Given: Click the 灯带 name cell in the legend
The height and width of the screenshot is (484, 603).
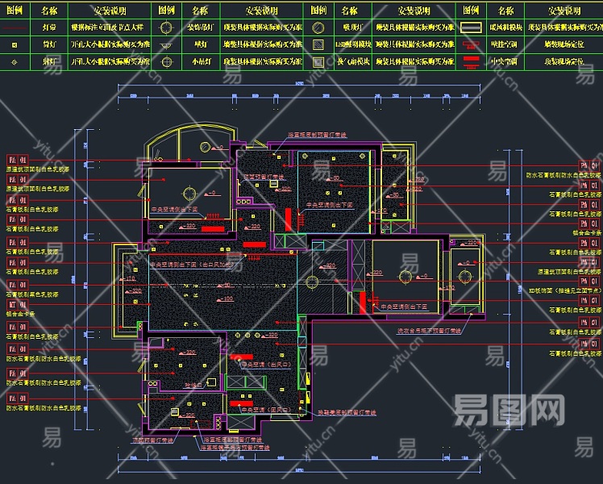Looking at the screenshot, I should [x=49, y=27].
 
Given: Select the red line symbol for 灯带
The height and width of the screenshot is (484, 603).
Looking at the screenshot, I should [x=15, y=27].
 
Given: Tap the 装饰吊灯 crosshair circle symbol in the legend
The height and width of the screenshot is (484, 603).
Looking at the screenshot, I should [x=166, y=27].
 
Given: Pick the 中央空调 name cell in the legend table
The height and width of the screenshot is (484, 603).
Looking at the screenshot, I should [x=505, y=60].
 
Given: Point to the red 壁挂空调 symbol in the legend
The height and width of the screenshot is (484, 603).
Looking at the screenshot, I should [x=470, y=44].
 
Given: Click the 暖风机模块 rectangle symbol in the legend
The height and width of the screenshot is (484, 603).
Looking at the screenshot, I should [x=470, y=27].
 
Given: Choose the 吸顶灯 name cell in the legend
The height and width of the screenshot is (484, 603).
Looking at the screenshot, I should [x=349, y=27].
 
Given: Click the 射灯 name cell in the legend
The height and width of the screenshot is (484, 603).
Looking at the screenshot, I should [x=49, y=60].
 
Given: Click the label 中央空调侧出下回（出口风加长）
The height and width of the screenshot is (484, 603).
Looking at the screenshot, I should [x=193, y=265].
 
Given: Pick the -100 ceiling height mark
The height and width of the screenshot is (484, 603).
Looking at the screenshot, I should [x=227, y=299].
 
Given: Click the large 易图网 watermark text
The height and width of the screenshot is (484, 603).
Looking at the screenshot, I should [x=509, y=411].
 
